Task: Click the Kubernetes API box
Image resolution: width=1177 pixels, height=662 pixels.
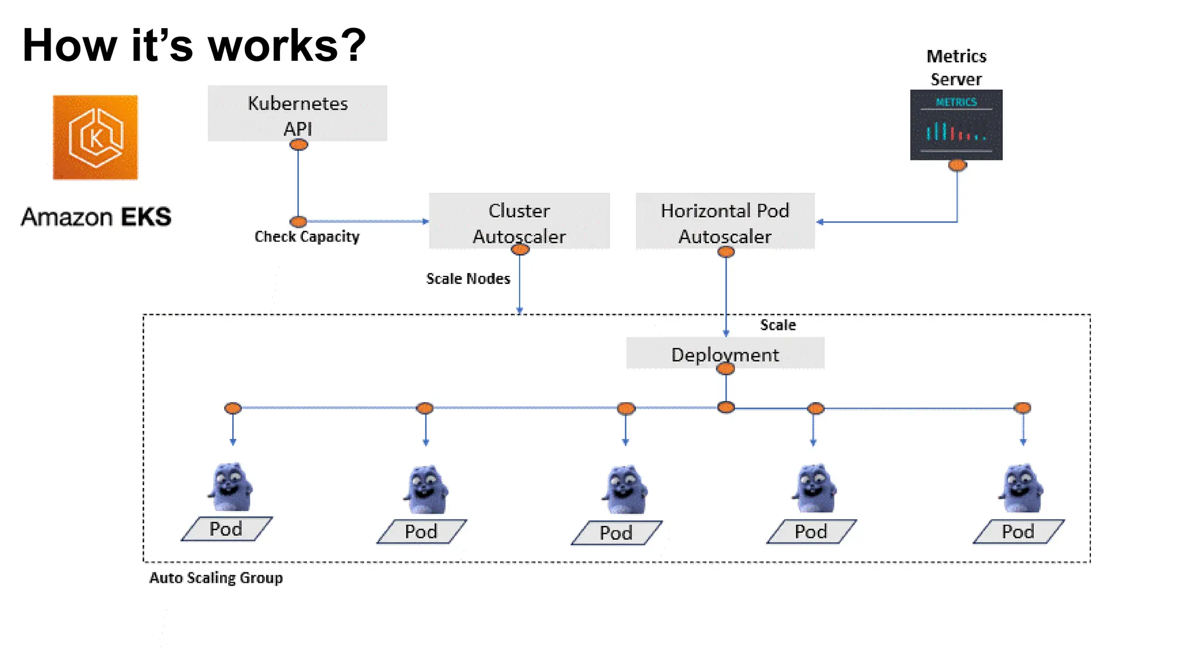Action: pyautogui.click(x=297, y=113)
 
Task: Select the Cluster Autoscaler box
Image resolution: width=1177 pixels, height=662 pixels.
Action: pyautogui.click(x=519, y=221)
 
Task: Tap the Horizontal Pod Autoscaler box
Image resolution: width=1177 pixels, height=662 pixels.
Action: pyautogui.click(x=725, y=221)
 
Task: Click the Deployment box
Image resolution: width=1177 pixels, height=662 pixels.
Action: pyautogui.click(x=725, y=353)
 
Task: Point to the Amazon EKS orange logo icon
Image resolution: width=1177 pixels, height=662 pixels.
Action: pyautogui.click(x=95, y=137)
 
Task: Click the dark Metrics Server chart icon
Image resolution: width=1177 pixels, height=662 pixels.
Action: pyautogui.click(x=956, y=125)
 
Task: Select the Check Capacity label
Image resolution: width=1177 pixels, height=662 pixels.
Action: pyautogui.click(x=307, y=237)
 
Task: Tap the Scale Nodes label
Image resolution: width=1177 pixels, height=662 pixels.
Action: pyautogui.click(x=468, y=279)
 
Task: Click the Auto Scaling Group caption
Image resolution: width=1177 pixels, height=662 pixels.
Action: pyautogui.click(x=216, y=578)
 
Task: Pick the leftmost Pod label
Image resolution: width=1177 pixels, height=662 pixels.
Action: pyautogui.click(x=226, y=529)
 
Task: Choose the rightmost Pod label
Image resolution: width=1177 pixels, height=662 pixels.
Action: pyautogui.click(x=1018, y=532)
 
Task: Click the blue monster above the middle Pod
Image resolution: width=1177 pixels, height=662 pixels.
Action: pyautogui.click(x=625, y=490)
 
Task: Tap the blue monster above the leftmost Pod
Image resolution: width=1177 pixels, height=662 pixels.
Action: pyautogui.click(x=230, y=487)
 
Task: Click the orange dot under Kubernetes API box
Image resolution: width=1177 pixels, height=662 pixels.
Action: pyautogui.click(x=298, y=145)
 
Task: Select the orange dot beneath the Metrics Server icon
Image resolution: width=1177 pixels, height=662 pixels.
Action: pyautogui.click(x=957, y=165)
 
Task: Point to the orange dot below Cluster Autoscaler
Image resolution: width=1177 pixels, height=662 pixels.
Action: pyautogui.click(x=520, y=249)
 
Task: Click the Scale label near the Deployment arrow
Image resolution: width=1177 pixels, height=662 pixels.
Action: pyautogui.click(x=778, y=325)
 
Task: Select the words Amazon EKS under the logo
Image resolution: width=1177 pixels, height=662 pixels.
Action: pyautogui.click(x=96, y=217)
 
